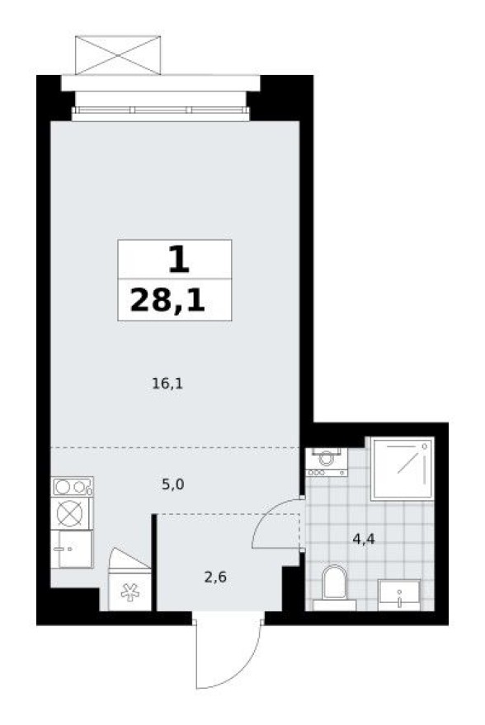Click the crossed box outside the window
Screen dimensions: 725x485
point(117,54)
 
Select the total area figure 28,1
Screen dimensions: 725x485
point(167,302)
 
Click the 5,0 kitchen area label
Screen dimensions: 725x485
point(172,484)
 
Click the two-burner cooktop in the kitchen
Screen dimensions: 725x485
point(72,487)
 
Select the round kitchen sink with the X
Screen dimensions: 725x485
point(71,513)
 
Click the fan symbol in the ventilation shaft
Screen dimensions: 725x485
point(129,592)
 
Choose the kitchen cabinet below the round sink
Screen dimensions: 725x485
point(71,548)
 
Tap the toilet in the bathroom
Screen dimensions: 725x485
point(335,582)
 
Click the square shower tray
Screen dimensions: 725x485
point(402,468)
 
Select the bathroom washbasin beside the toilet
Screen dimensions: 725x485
point(399,593)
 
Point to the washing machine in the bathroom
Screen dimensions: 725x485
point(327,461)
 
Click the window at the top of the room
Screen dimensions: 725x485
point(161,110)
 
